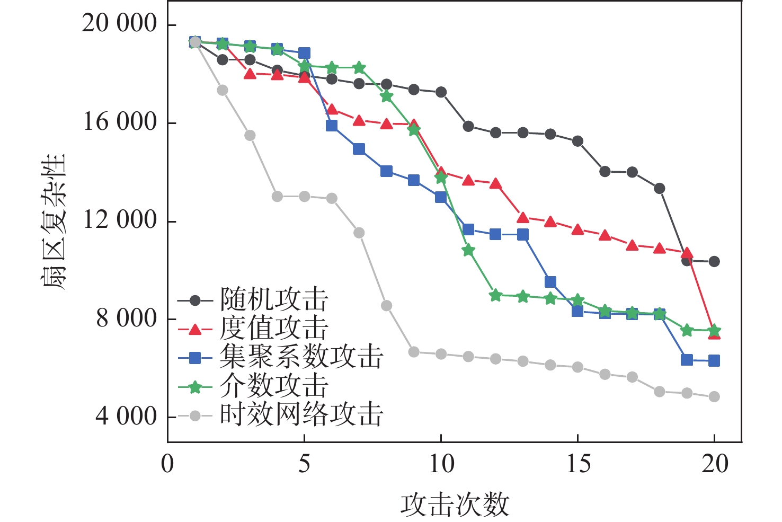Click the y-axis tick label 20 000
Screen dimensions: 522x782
coord(120,24)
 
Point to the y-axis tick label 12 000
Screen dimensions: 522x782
coord(120,220)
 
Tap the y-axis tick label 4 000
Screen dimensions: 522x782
coord(126,417)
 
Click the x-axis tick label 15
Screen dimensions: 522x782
coord(578,464)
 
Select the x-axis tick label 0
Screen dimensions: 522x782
coord(167,464)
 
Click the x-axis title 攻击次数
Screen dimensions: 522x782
coord(455,505)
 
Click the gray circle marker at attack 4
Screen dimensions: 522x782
coord(277,197)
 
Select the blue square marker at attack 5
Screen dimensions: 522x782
coord(304,53)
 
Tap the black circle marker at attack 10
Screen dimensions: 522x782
coord(441,92)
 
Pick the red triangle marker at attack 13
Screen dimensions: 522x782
coord(523,218)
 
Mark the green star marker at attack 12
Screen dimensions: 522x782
coord(495,295)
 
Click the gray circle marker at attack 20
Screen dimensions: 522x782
coord(714,396)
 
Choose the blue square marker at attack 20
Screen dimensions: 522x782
coord(714,360)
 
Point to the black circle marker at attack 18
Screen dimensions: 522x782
coord(660,189)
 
